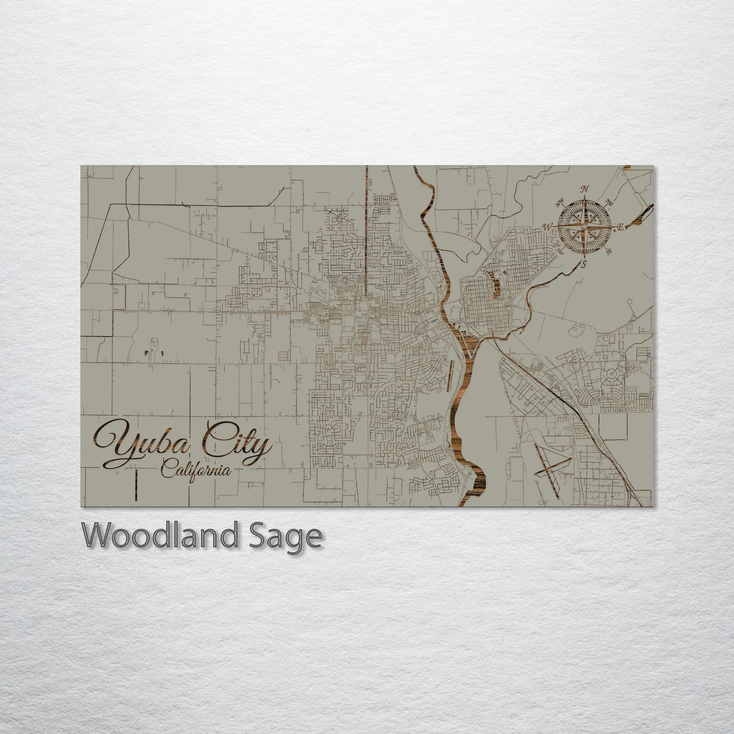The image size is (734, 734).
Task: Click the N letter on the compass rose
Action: [x=585, y=189]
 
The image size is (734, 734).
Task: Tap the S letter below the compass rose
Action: [x=584, y=263]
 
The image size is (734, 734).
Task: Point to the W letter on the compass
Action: [x=548, y=227]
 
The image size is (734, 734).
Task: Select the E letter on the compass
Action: [x=621, y=228]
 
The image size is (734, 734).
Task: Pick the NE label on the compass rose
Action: [x=609, y=204]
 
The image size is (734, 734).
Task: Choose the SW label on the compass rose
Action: [x=561, y=250]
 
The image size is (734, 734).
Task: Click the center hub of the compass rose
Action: [x=585, y=227]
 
